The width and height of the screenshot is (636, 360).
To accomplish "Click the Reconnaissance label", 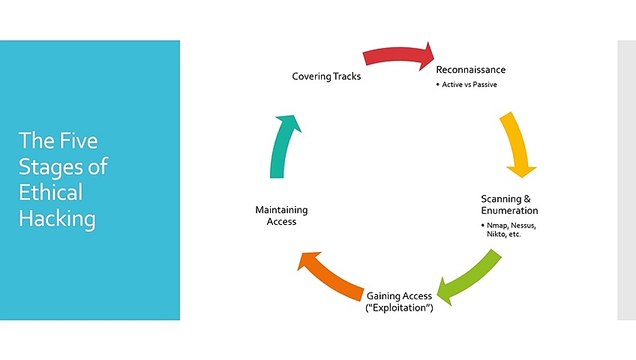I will tap(471, 70).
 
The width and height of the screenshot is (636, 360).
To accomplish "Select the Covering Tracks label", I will tap(327, 77).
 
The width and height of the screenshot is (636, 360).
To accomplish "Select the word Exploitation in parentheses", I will tap(400, 308).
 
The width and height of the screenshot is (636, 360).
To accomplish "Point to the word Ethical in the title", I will tap(50, 193).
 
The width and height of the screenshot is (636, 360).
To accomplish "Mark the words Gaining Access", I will tap(399, 297).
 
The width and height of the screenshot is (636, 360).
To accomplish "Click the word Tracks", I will tap(346, 77).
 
